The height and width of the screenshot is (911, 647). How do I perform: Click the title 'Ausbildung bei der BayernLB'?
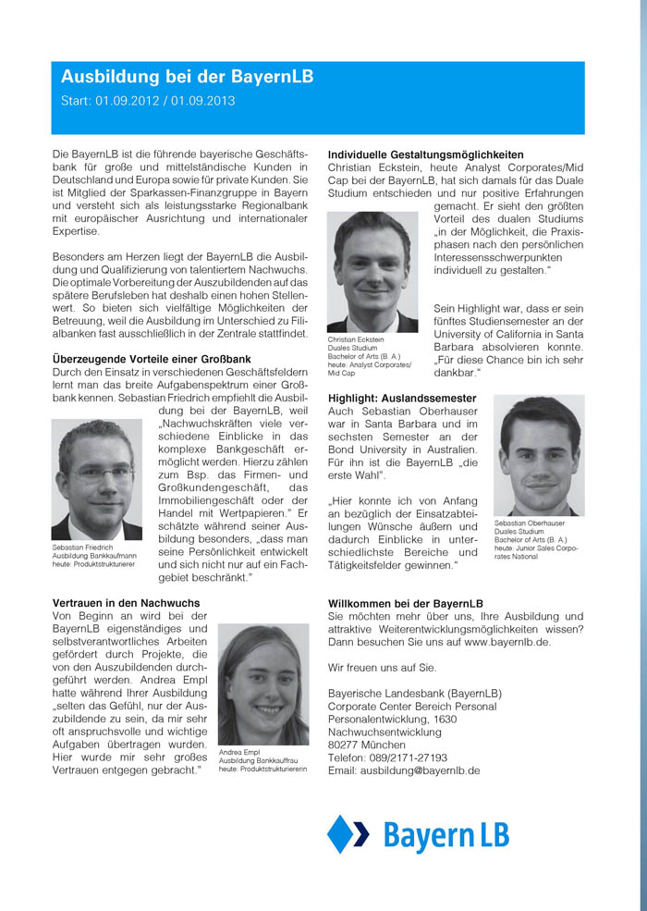click(x=187, y=77)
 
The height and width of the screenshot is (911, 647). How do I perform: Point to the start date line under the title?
click(x=148, y=100)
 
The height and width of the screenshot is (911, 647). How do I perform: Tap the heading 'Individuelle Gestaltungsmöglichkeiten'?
click(x=426, y=154)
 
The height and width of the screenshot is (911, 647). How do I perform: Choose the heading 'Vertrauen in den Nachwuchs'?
click(x=127, y=603)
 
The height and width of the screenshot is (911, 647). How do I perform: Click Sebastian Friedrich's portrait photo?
click(x=97, y=480)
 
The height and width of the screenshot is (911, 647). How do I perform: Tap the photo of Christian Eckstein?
click(x=372, y=272)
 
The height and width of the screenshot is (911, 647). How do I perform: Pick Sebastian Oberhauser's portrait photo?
click(x=538, y=456)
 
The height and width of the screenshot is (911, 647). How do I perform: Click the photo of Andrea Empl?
click(x=262, y=683)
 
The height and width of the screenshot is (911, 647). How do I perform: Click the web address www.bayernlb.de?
click(x=507, y=641)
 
